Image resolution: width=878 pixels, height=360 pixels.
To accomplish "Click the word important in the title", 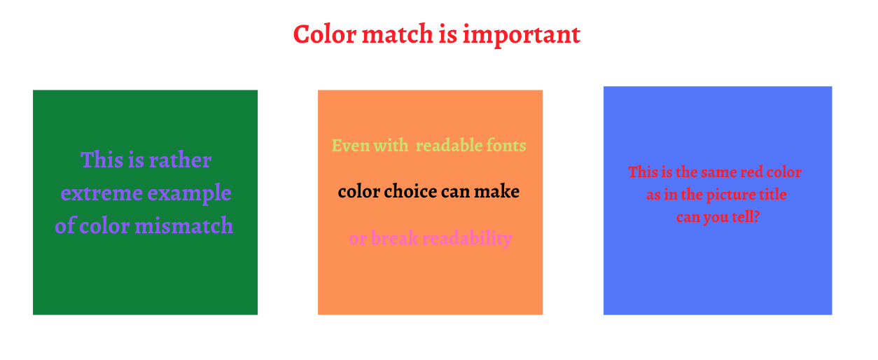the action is point(522,35).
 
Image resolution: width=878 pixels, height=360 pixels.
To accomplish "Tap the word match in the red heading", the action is point(397,34).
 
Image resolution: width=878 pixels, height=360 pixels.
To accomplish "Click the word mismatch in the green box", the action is point(184,226).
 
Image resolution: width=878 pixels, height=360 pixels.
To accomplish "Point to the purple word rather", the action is point(181,160).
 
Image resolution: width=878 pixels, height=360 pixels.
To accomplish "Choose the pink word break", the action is point(394,237).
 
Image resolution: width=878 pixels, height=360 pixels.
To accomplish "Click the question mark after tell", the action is point(756,216).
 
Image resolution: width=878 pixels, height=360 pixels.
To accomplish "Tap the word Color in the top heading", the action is point(325,34).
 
